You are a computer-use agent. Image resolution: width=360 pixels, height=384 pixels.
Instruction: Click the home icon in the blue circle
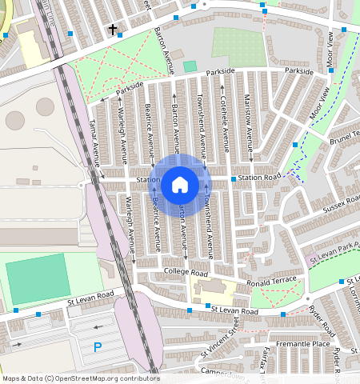point(180,186)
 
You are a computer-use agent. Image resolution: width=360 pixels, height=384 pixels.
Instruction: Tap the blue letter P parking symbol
point(98,347)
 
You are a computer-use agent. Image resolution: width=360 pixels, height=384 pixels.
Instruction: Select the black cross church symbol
point(113,30)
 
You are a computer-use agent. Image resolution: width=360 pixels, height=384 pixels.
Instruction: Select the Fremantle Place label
point(298,344)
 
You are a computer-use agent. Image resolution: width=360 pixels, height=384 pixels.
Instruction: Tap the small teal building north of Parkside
point(189,66)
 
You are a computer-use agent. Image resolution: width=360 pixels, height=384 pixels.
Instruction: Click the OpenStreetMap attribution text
point(81,378)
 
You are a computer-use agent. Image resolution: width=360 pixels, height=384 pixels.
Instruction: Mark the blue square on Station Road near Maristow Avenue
point(234,178)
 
